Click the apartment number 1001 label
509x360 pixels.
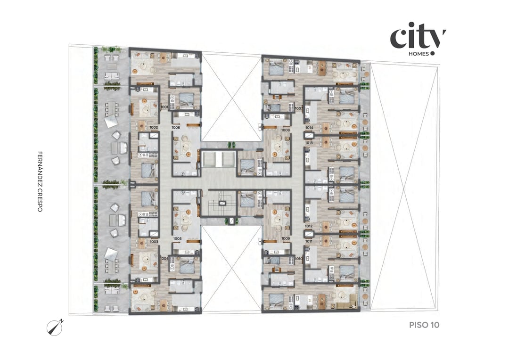coord(164,107)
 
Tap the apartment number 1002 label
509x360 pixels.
coord(154,128)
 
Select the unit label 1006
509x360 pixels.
coord(176,128)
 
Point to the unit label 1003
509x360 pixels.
coord(154,241)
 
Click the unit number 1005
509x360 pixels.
coord(177,239)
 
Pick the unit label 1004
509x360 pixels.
coord(164,258)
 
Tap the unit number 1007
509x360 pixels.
coord(298,108)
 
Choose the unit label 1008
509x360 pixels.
coord(285,130)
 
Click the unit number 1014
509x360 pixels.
coord(309,128)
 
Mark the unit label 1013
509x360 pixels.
coord(309,142)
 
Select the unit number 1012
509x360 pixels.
coord(309,226)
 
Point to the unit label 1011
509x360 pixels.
coord(309,241)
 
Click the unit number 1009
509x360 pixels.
coord(285,239)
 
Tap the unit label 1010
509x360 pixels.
coord(298,259)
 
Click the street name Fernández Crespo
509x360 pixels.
coord(40,181)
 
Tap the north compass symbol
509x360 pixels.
coord(55,327)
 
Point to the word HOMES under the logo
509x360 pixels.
coord(419,54)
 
